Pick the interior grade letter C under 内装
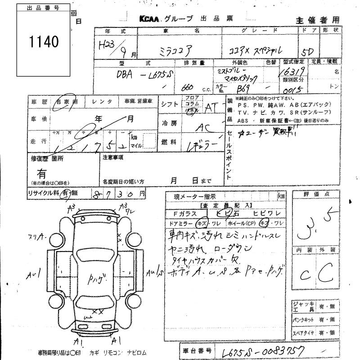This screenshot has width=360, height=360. point(302,274)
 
